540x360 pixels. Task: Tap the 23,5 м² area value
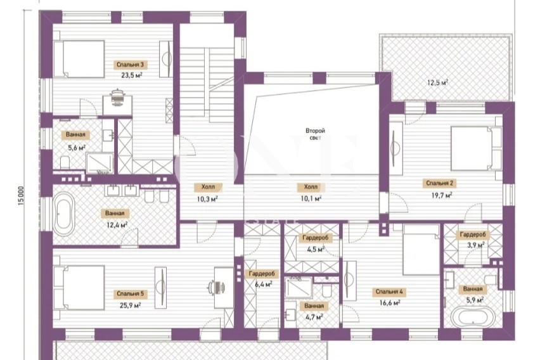click(132, 75)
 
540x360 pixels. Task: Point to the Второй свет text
click(315, 134)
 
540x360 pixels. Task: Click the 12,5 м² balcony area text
click(437, 82)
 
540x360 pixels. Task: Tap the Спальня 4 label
click(389, 292)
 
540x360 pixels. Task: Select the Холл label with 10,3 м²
click(208, 187)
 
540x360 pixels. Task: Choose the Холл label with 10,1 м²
click(311, 187)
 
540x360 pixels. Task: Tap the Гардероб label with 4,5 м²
click(315, 238)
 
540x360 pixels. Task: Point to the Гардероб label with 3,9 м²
click(473, 235)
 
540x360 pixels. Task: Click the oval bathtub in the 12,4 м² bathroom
click(64, 214)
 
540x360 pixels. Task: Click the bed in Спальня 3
click(79, 59)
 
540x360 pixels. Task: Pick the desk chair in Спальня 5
click(217, 287)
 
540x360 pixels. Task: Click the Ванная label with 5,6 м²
click(75, 135)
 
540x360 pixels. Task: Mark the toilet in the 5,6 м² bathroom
click(65, 162)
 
